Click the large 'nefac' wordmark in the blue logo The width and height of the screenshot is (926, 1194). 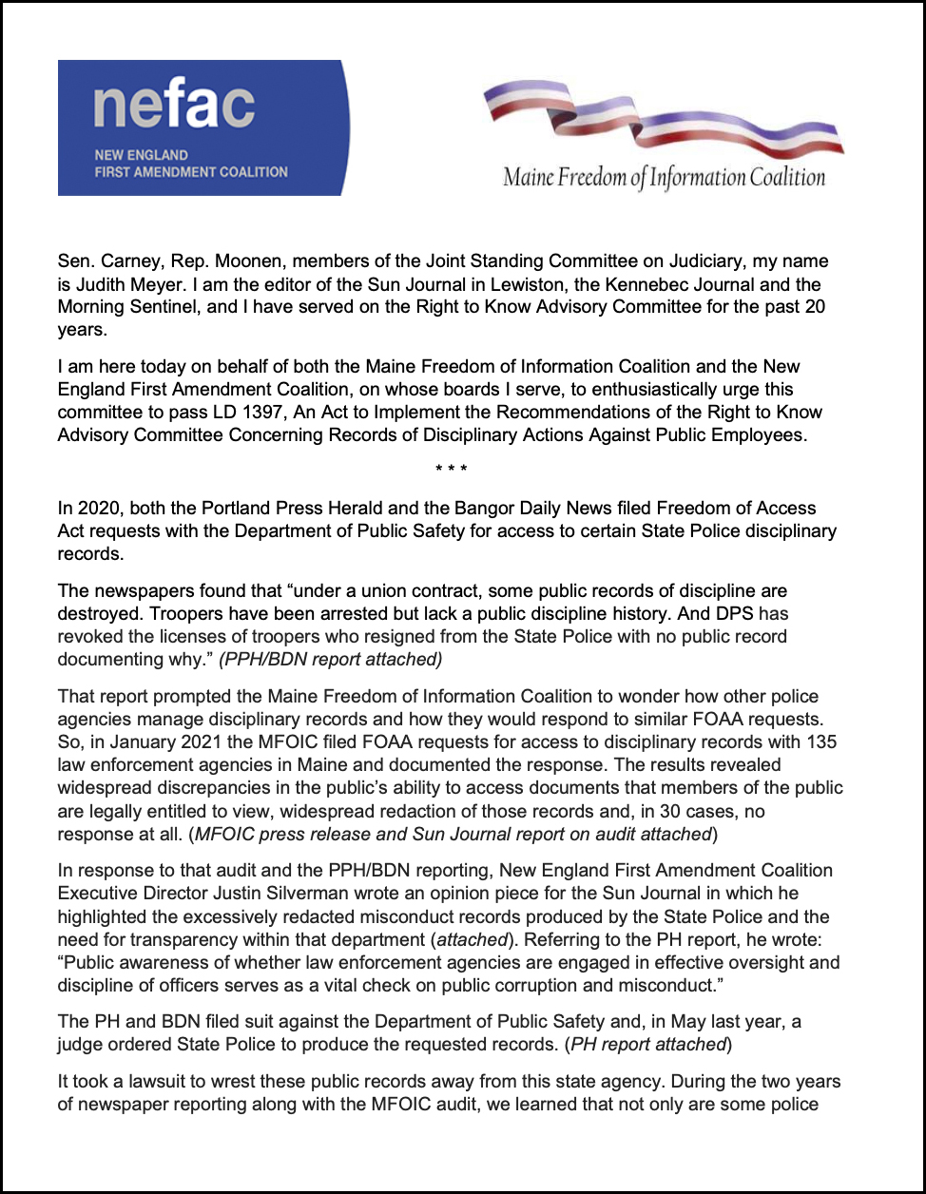(173, 106)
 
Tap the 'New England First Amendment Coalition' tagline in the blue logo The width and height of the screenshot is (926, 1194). (190, 164)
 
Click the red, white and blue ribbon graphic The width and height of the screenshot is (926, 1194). (663, 119)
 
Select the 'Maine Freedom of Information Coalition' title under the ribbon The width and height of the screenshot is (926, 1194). (664, 177)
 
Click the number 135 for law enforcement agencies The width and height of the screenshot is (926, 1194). (824, 741)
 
